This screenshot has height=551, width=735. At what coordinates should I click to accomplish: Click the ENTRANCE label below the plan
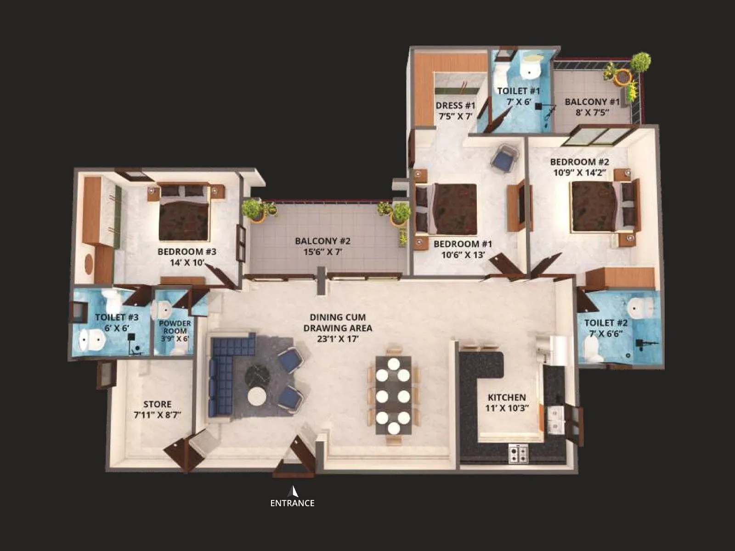(292, 503)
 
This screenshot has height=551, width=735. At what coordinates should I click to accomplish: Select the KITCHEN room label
(507, 397)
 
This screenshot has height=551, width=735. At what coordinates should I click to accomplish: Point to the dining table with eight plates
(393, 395)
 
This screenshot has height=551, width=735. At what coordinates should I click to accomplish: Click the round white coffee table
(257, 396)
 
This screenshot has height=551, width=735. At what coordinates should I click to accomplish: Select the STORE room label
(157, 404)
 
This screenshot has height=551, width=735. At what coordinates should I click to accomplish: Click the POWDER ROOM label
(175, 327)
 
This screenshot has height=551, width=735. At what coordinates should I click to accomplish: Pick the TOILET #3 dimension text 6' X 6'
(117, 328)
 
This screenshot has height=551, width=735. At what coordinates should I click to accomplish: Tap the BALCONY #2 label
(322, 241)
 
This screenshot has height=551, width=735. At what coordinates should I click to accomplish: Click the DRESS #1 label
(456, 106)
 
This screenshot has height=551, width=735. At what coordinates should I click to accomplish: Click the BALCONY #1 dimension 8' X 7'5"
(592, 112)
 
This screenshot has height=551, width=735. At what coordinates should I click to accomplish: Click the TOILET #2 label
(605, 323)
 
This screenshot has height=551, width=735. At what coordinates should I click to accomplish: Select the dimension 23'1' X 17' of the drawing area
(338, 339)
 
